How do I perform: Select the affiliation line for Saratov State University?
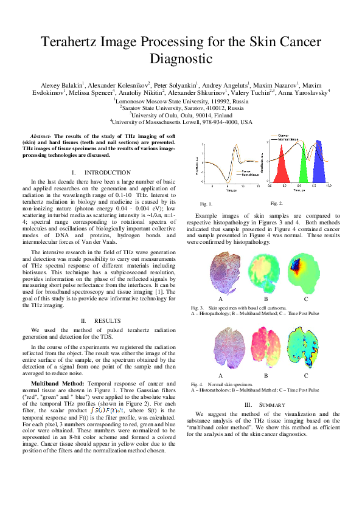[181, 108]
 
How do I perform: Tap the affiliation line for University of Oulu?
[181, 114]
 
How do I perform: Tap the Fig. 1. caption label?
[206, 204]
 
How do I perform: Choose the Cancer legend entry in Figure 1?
[246, 171]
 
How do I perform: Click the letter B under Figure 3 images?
[266, 299]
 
